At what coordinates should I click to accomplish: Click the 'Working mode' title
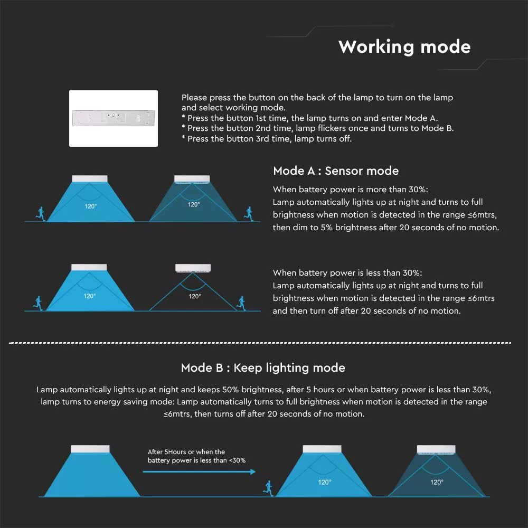pos(404,47)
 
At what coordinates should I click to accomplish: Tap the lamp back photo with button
pos(114,118)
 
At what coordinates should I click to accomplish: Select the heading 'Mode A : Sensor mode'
pos(336,171)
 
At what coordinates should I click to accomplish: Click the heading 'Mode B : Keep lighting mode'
pos(263,367)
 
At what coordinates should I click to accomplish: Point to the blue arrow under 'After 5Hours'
pos(199,472)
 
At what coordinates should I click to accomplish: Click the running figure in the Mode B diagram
pos(268,488)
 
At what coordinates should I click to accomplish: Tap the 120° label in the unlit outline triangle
pos(195,296)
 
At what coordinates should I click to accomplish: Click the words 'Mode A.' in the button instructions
pos(421,118)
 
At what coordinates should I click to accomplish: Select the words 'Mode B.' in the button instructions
pos(437,128)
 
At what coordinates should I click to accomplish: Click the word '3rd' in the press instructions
pos(262,139)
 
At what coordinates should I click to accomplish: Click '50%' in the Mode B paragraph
pos(230,390)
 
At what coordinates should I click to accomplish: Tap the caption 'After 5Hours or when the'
pos(186,451)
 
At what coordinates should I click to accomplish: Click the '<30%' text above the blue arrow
pos(237,460)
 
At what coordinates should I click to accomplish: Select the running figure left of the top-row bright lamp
pos(41,214)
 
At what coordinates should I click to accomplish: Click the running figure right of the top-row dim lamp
pos(249,214)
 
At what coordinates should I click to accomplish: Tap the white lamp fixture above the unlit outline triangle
pos(193,268)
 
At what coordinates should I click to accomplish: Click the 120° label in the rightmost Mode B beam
pos(437,482)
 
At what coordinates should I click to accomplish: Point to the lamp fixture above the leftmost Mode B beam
pos(90,449)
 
